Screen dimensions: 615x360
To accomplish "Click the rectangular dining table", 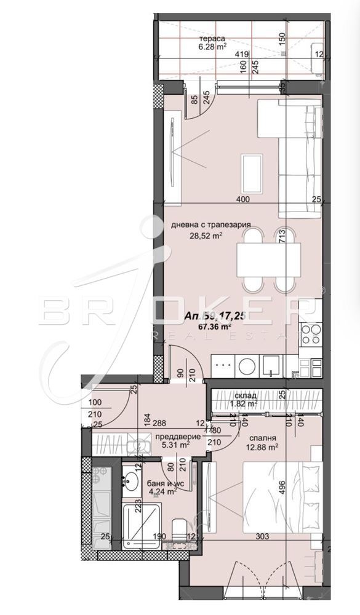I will (x=268, y=258).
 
